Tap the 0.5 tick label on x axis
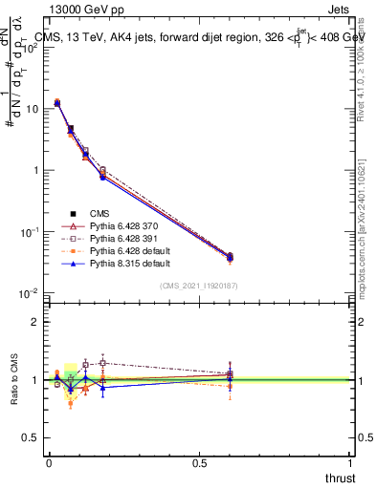[x=200, y=461]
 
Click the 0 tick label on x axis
[x=49, y=461]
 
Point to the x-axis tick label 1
[x=351, y=461]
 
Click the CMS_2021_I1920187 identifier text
[x=199, y=285]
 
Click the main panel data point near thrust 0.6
[x=230, y=257]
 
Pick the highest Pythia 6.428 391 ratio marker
[x=102, y=362]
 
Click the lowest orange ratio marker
[x=71, y=404]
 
